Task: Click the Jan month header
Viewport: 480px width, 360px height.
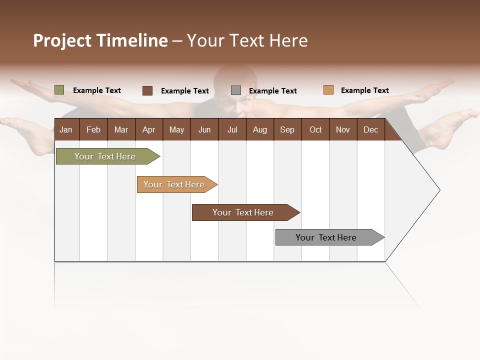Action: click(x=66, y=129)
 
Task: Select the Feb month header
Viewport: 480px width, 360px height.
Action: click(x=93, y=129)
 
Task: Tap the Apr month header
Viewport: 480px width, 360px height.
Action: click(x=148, y=129)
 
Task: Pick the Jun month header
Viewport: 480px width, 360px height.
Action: click(x=204, y=129)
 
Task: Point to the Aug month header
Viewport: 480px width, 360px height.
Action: click(x=259, y=129)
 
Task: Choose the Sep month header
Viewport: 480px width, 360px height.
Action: click(x=287, y=129)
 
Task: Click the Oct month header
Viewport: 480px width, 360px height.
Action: click(x=315, y=129)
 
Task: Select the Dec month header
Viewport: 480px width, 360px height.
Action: click(x=370, y=129)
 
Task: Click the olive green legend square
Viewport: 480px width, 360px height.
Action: click(x=59, y=90)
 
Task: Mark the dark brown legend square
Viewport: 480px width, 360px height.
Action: click(x=147, y=90)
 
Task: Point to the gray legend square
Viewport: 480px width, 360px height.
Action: click(x=236, y=90)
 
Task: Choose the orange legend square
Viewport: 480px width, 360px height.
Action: click(x=328, y=90)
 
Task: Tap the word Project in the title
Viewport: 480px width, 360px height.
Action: click(x=62, y=40)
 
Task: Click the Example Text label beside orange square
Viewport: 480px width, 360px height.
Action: click(x=364, y=90)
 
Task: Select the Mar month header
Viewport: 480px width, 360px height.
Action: click(x=121, y=129)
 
